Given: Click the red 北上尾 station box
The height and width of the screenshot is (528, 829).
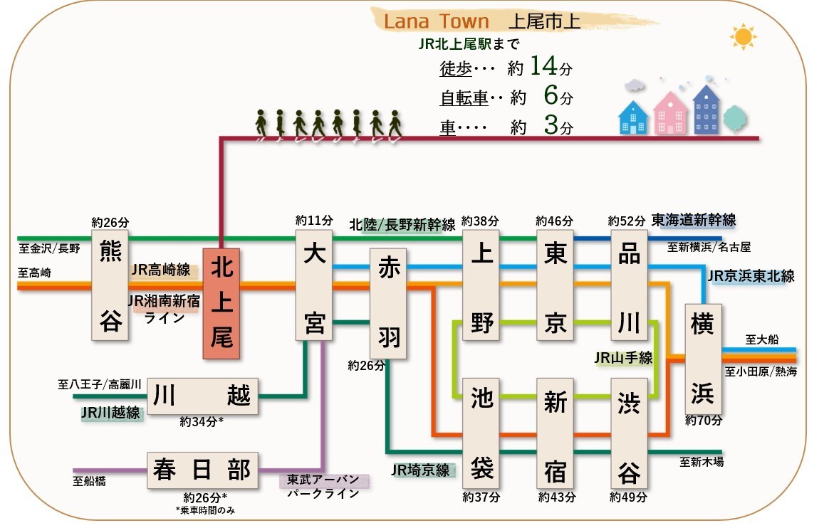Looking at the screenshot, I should point(221,303).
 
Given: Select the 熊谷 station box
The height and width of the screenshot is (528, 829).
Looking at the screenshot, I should point(110,285).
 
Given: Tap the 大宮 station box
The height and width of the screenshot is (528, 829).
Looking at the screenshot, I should point(314,285).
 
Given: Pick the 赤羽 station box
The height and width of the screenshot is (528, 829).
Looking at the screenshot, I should point(388,303).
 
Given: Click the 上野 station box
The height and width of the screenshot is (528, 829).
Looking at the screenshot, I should point(481,285).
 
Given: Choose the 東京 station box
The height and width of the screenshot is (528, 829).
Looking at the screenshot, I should point(555,285).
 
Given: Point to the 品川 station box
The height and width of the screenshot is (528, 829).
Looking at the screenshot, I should point(629,285).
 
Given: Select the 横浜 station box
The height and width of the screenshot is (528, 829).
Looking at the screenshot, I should point(703,359).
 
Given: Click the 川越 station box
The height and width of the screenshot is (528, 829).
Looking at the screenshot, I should point(202,396).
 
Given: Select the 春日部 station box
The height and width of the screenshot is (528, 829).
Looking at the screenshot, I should point(202,470).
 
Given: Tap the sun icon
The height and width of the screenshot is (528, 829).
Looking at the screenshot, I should point(744,36).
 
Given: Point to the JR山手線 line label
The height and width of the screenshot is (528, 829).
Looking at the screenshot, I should point(623,358).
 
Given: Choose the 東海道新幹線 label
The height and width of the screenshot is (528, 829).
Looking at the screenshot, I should point(694,220).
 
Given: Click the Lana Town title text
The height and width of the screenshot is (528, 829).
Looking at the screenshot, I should point(437,21).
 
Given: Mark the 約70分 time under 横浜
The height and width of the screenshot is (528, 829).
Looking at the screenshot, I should point(704,421).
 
